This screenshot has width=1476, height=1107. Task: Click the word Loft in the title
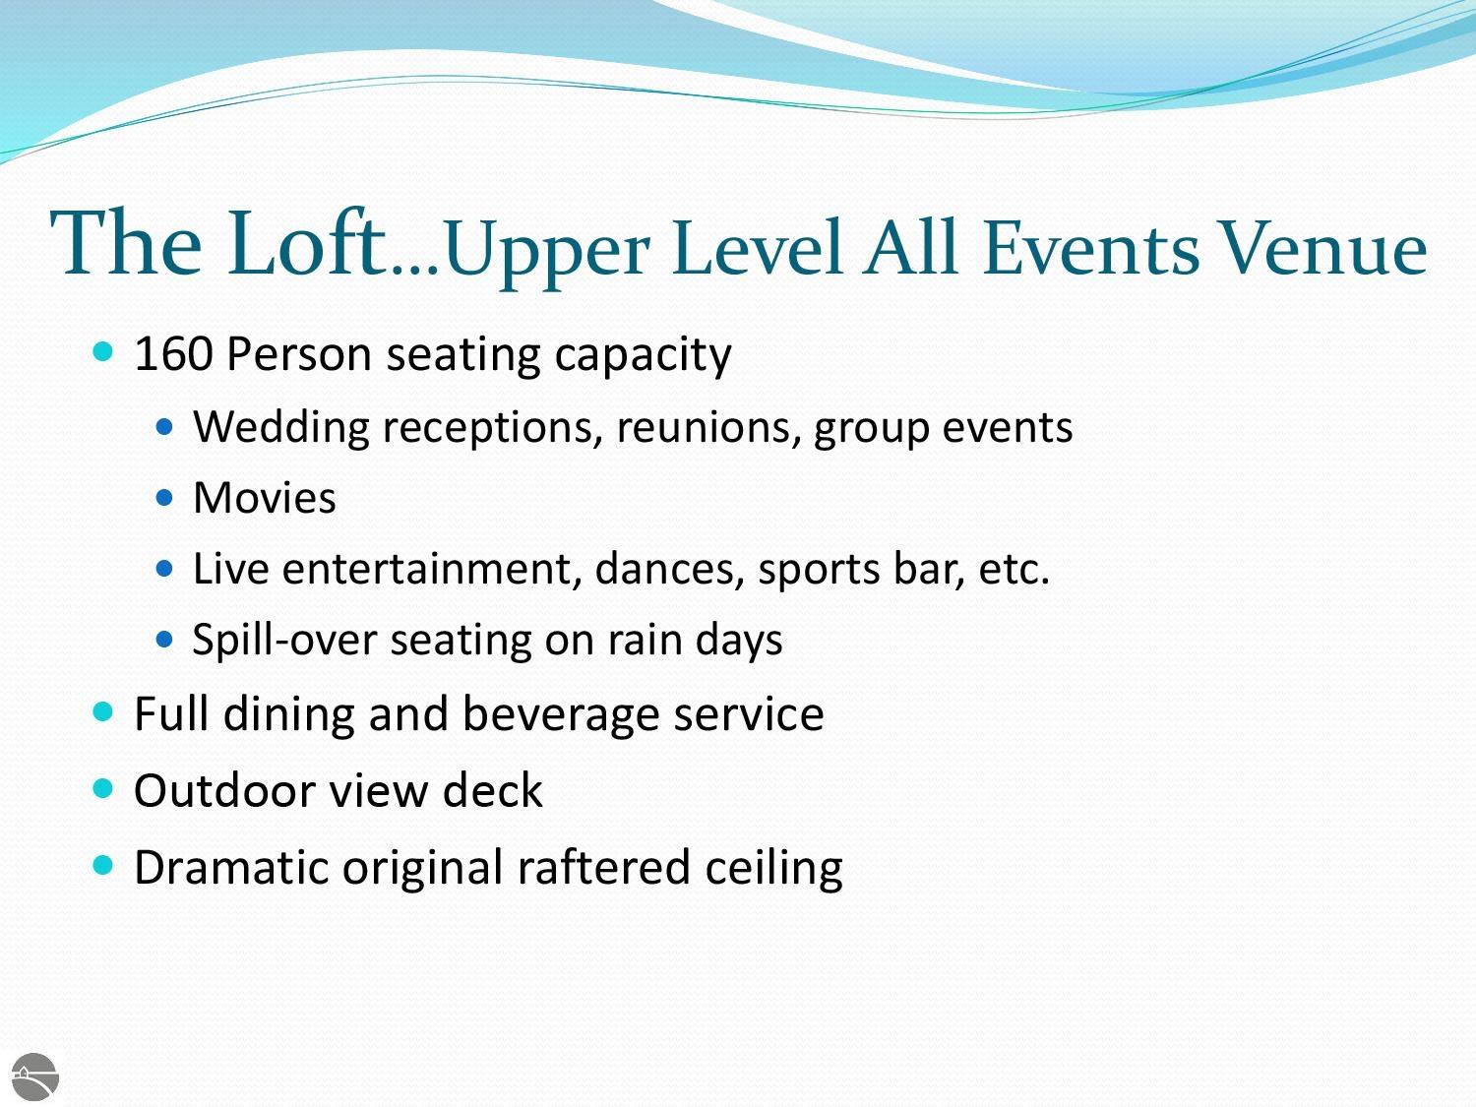click(x=307, y=242)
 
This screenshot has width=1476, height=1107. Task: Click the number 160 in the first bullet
click(x=174, y=353)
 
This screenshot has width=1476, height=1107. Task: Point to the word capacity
click(x=643, y=356)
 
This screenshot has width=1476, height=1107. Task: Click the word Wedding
click(x=281, y=427)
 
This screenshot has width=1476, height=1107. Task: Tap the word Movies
click(x=265, y=498)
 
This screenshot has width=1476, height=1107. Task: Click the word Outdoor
click(x=224, y=791)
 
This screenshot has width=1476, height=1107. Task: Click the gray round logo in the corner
click(x=35, y=1077)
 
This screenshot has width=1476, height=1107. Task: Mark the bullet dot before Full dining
click(x=103, y=711)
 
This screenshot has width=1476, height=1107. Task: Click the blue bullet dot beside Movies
click(x=164, y=498)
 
